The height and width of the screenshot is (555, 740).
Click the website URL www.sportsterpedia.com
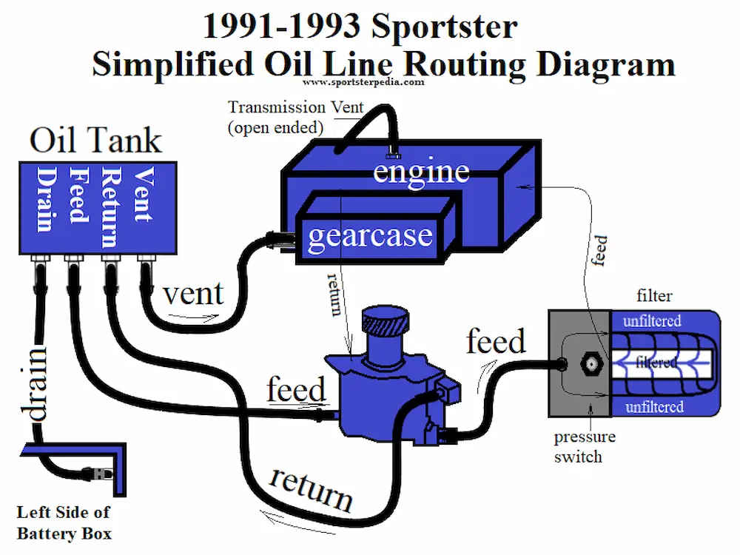[363, 82]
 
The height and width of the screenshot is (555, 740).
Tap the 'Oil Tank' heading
[95, 140]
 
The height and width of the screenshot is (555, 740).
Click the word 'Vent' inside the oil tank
[144, 195]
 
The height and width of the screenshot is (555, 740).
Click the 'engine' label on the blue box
[420, 172]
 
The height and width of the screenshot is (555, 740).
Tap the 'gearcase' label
[369, 235]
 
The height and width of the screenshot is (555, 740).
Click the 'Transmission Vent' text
[295, 108]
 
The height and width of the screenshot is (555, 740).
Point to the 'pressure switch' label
[585, 446]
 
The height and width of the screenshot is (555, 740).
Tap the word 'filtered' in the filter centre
[656, 363]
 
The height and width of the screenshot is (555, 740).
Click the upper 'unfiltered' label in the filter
[651, 321]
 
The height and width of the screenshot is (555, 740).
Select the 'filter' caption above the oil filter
[654, 297]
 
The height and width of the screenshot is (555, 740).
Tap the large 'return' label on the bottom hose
[310, 488]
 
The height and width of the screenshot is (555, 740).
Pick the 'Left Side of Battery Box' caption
[64, 522]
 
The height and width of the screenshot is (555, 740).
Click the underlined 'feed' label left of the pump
[296, 390]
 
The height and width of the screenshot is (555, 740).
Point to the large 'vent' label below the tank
[192, 294]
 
